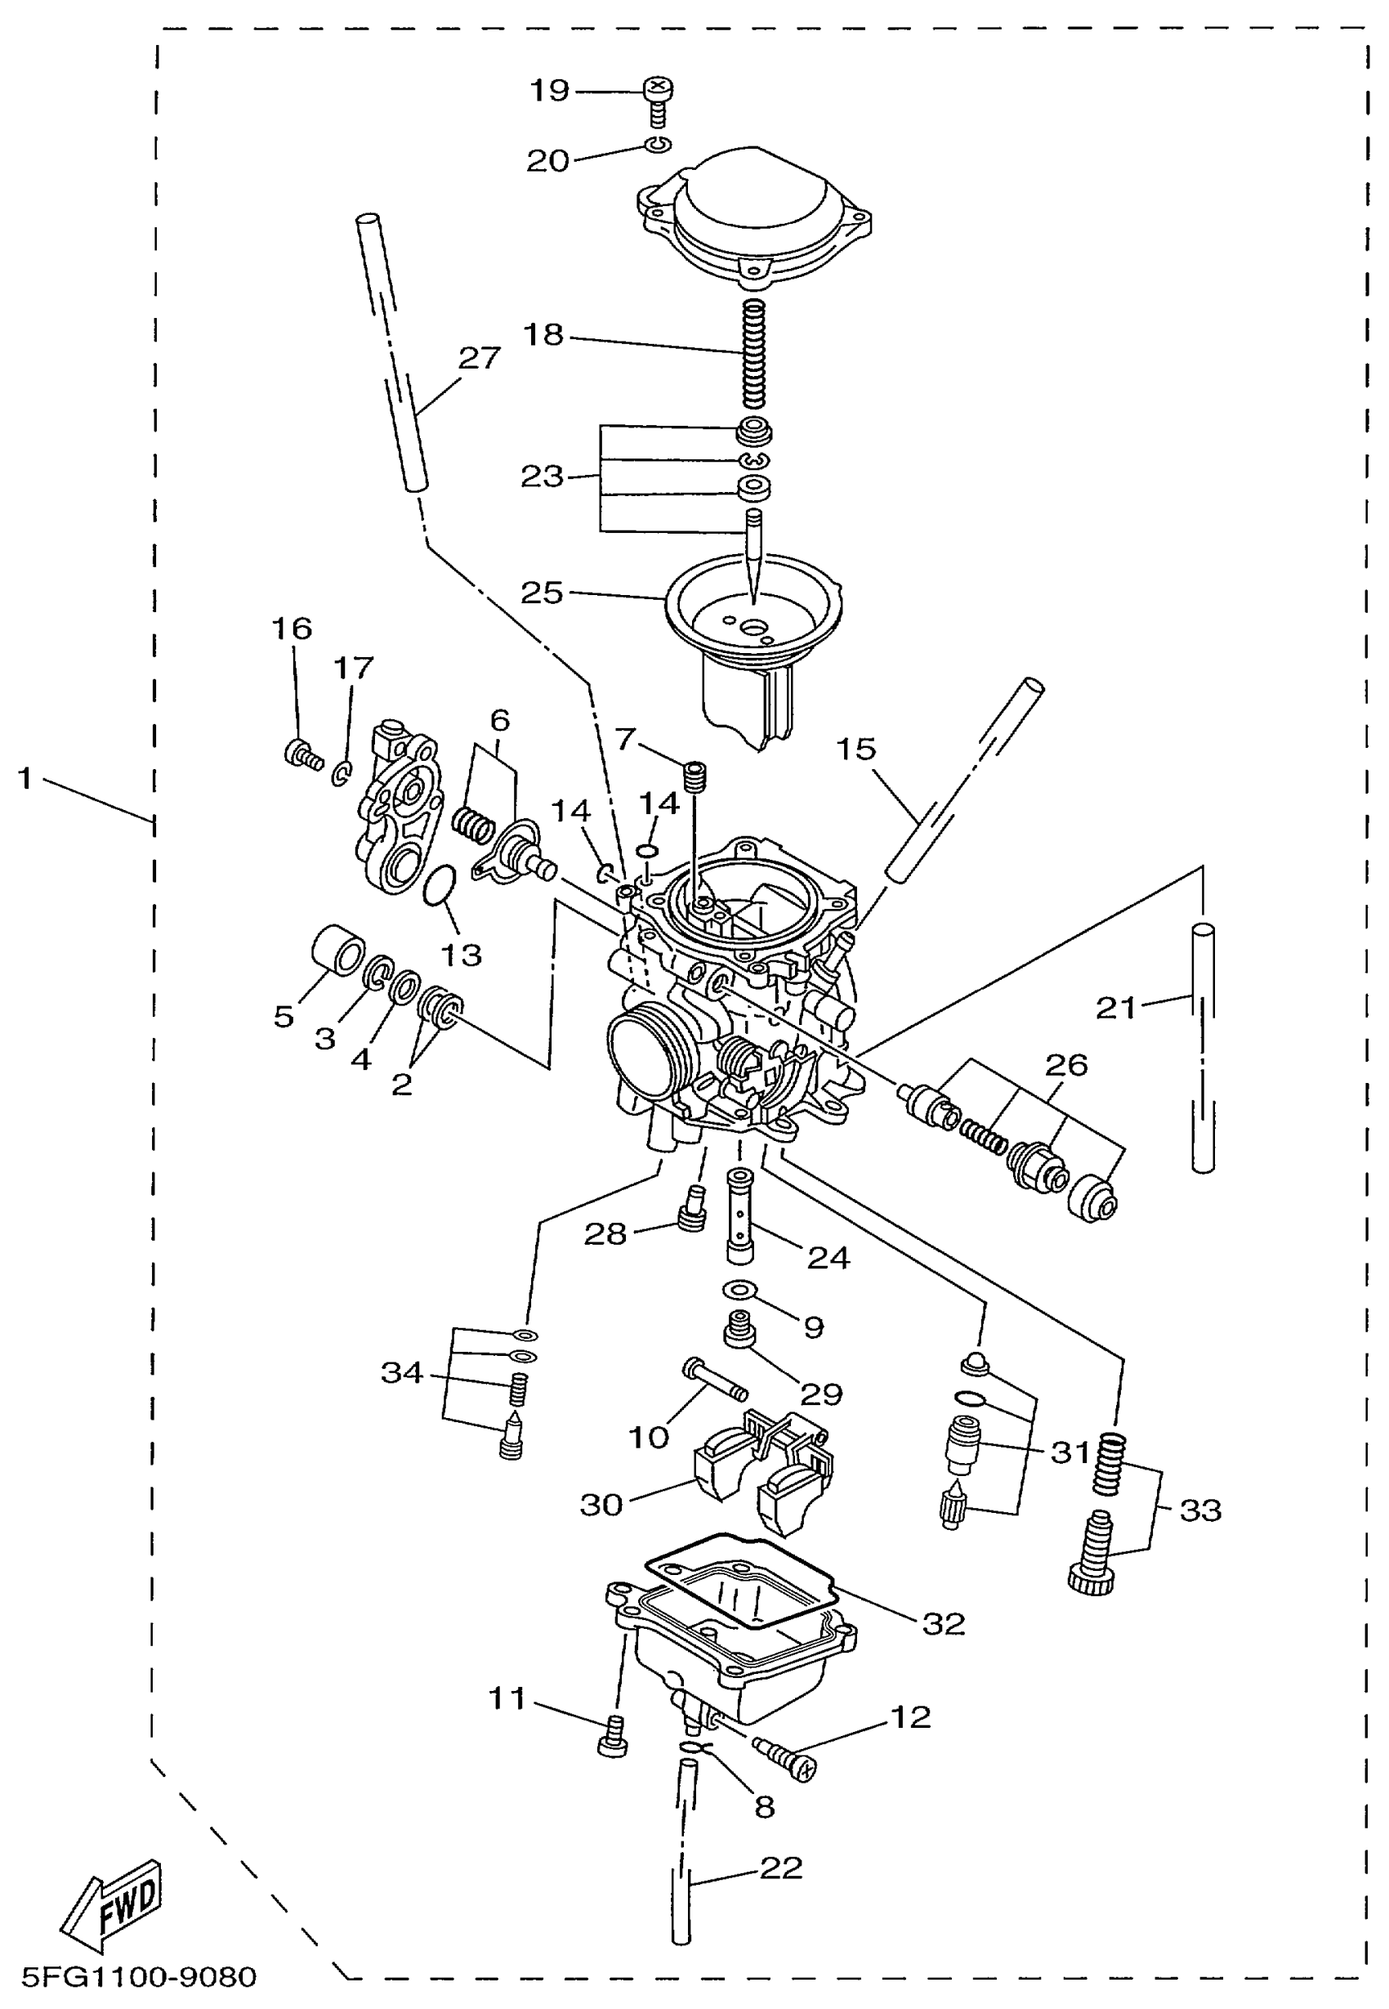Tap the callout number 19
(x=549, y=91)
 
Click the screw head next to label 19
(x=659, y=87)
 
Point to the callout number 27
(x=480, y=358)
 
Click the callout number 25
(x=542, y=593)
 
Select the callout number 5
(x=284, y=1016)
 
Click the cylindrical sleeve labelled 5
(x=337, y=951)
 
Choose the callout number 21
(x=1116, y=1008)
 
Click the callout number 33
(x=1200, y=1510)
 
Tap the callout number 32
(x=944, y=1623)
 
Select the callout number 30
(x=601, y=1504)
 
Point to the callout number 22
(x=780, y=1868)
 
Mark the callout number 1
(x=25, y=777)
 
